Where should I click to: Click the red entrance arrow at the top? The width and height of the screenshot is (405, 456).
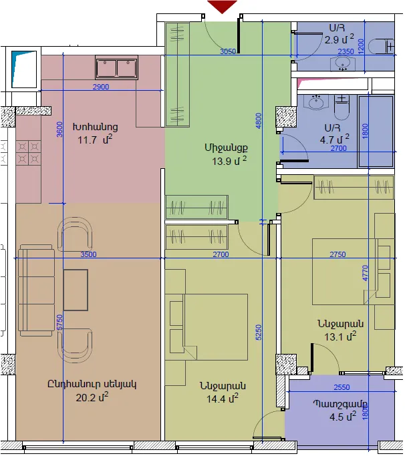coord(222,7)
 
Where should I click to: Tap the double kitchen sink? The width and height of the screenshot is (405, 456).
coord(116,67)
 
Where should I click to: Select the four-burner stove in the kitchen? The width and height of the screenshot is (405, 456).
coord(28,153)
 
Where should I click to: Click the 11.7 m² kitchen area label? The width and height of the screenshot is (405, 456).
coord(95,140)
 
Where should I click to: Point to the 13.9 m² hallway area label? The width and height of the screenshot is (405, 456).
coord(229,160)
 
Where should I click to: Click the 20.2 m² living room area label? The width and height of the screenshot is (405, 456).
coord(92,397)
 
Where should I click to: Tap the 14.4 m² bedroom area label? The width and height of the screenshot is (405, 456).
coord(223,399)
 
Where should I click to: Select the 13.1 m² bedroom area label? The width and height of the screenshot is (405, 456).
coord(340,336)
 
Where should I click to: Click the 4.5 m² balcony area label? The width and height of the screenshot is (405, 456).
coord(343,417)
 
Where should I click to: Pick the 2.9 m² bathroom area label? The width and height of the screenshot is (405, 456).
coord(340,39)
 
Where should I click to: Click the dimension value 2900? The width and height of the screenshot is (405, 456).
coord(101,87)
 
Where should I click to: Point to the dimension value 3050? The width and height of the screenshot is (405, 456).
coord(228,51)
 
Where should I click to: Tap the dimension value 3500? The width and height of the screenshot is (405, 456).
coord(88,254)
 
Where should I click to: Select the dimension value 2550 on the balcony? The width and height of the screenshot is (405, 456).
coord(342,387)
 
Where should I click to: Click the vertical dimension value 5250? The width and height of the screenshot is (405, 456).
coord(259,332)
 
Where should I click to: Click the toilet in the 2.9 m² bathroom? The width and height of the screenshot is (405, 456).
coord(382,47)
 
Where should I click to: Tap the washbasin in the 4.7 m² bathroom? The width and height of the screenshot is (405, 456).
coord(316,102)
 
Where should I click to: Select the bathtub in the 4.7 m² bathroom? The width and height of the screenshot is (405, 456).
coord(376,132)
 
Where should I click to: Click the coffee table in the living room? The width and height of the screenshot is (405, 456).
coord(76,290)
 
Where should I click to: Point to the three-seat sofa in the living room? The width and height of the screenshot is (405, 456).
coord(36,290)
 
